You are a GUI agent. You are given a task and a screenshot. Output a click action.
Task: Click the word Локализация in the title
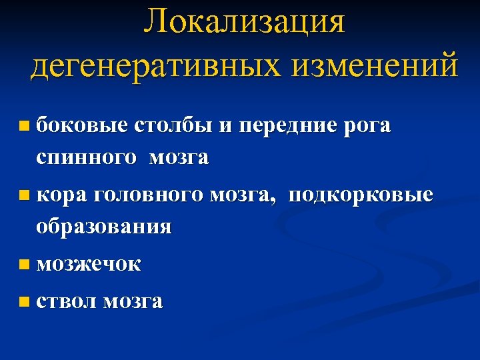[x=245, y=21]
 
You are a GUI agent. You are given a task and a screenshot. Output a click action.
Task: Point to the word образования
[x=103, y=227]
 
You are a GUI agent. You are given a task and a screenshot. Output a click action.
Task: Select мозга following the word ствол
[x=133, y=301]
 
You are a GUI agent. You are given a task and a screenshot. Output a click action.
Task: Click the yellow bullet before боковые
[x=25, y=125]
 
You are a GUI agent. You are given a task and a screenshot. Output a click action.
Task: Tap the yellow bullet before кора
[x=25, y=195]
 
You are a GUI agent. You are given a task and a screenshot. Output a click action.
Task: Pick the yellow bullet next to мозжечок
[x=25, y=265]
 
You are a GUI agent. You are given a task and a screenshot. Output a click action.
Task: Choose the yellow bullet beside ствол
[x=25, y=301]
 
